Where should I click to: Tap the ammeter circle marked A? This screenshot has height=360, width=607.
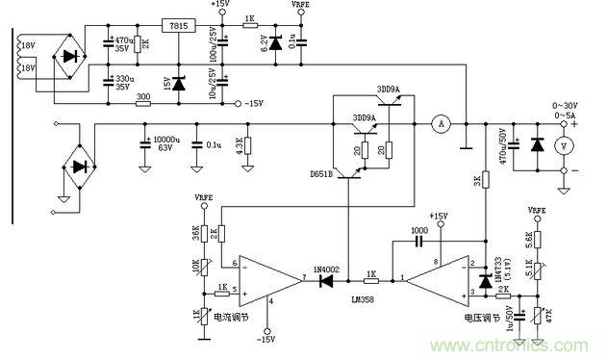point(442,123)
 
